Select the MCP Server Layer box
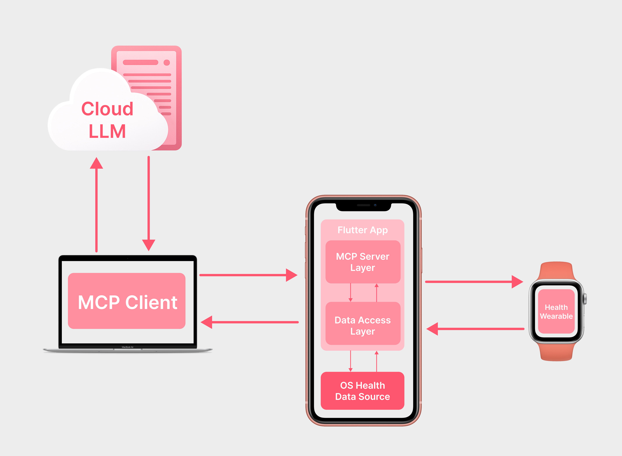coord(363,262)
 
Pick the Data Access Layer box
coord(363,324)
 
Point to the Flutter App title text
coord(362,230)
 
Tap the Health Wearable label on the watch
coord(556,312)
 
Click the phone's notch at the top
coord(363,206)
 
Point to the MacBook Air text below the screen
coord(128,347)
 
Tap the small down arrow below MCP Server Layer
coord(351,293)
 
